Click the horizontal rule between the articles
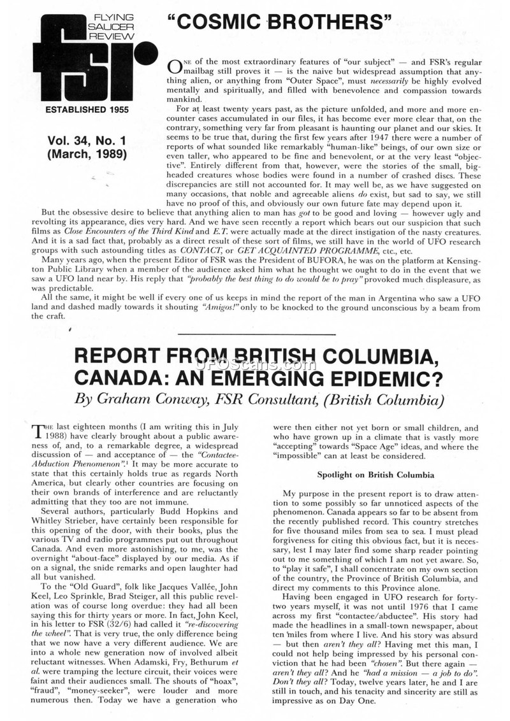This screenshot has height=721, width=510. click(x=255, y=334)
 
